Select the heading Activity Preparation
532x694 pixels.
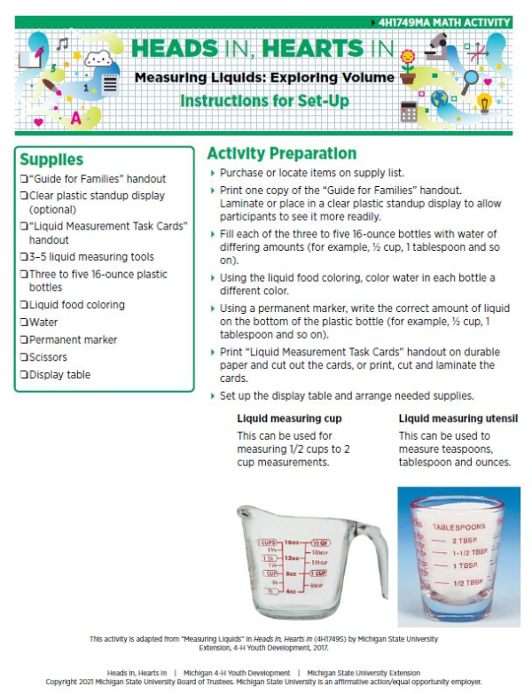coord(281,153)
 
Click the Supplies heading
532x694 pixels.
coord(51,160)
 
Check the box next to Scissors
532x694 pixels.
coord(24,357)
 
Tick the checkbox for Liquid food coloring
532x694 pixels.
coord(24,305)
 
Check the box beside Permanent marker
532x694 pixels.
coord(24,339)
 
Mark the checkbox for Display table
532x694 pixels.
coord(24,375)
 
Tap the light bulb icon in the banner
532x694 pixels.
coord(484,103)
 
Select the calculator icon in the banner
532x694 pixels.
coord(409,112)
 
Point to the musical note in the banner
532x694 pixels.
coord(62,43)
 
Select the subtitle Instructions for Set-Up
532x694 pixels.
coord(263,100)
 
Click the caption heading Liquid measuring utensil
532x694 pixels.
coord(458,417)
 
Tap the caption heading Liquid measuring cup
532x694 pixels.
coord(289,417)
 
